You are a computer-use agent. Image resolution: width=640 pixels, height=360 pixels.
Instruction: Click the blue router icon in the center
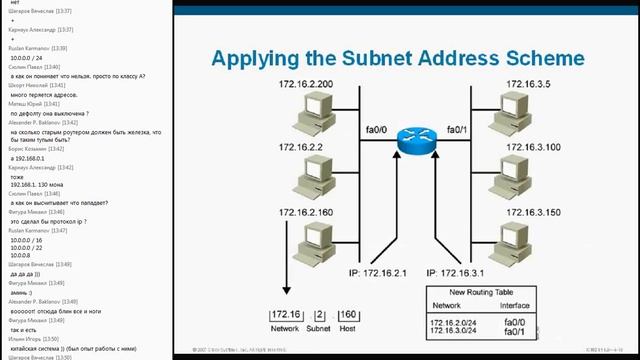coord(410,140)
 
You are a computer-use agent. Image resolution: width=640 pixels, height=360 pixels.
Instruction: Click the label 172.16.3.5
coord(527,85)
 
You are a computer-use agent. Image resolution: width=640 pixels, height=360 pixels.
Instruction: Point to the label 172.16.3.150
coord(531,212)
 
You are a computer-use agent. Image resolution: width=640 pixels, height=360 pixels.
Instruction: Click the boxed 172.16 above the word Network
coord(285,316)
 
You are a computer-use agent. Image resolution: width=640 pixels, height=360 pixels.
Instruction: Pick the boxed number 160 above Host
coord(348,316)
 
